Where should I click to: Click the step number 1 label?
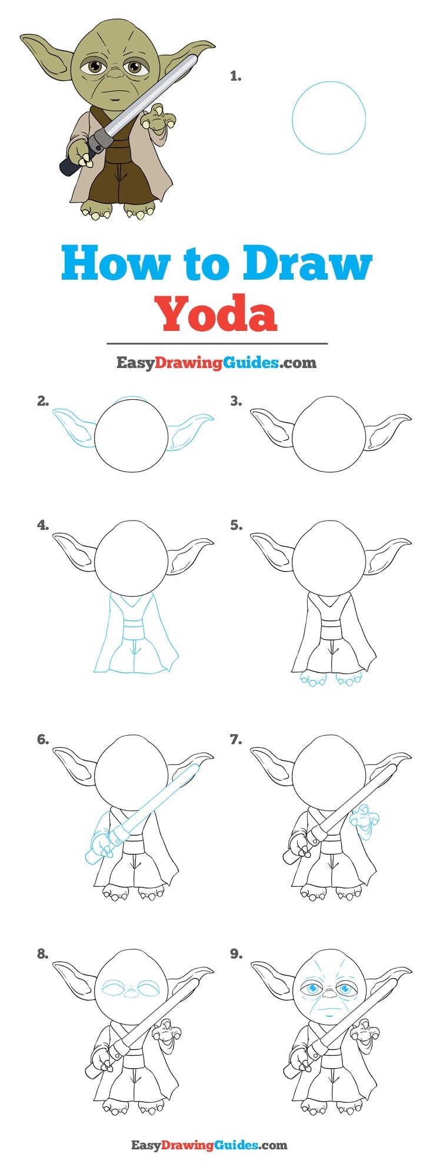tap(235, 76)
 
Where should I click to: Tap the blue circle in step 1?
tap(328, 118)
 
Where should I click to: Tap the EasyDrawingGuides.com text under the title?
tap(216, 362)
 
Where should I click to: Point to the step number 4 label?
tap(43, 525)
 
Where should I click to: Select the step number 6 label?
tap(43, 740)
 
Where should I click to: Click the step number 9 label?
tap(235, 954)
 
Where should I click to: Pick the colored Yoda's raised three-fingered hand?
tap(156, 118)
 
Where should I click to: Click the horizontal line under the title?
tap(216, 343)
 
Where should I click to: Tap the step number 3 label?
tap(235, 401)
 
